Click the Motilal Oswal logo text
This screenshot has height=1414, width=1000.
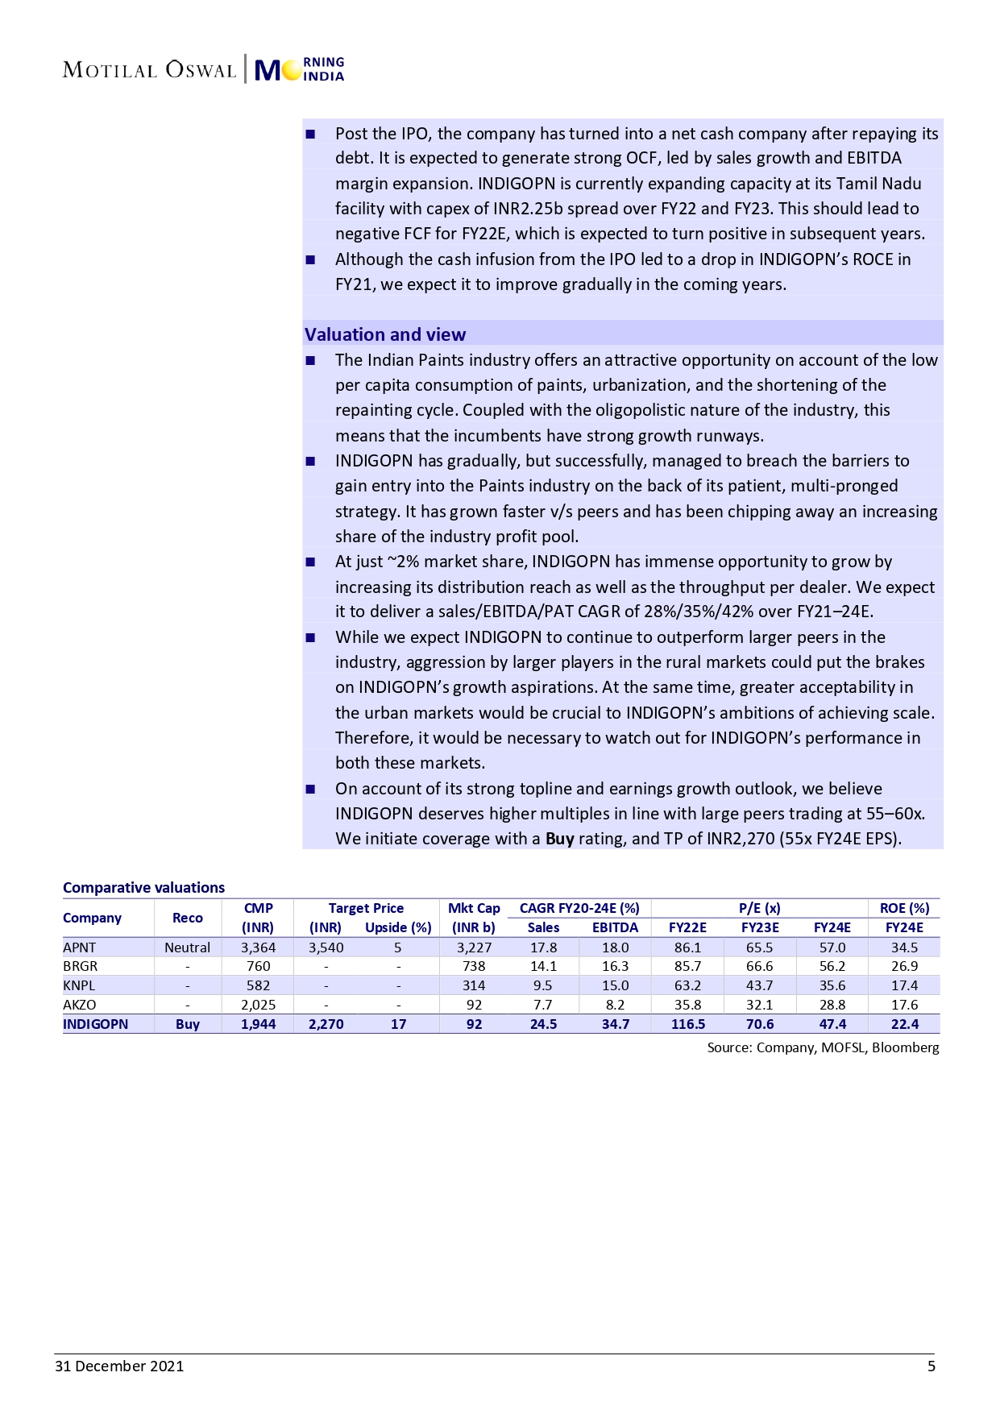(149, 70)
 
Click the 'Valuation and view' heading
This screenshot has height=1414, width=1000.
(384, 334)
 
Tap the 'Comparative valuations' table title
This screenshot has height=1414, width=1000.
(143, 887)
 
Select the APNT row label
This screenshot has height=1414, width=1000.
(79, 948)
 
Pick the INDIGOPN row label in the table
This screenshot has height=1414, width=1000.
(95, 1024)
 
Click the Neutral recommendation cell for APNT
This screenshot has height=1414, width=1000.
(187, 948)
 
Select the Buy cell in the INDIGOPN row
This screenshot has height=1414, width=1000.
(187, 1024)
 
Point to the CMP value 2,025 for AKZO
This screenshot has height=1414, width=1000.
(258, 1005)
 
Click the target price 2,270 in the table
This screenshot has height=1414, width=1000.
(326, 1024)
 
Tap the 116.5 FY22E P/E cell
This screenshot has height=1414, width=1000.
(687, 1024)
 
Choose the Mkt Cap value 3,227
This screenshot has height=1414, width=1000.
(474, 948)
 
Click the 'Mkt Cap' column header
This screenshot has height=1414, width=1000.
(474, 908)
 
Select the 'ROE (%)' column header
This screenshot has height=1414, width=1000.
(904, 908)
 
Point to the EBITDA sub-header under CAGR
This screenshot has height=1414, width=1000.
(615, 927)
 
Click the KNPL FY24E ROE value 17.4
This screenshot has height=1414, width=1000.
(904, 985)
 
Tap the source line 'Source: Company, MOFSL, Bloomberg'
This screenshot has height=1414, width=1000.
(823, 1047)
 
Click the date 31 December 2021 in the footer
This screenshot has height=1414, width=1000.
(119, 1366)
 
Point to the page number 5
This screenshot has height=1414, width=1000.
(932, 1366)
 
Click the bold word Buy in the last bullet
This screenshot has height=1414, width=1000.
(559, 839)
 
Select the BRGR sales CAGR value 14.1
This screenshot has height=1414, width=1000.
(543, 966)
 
